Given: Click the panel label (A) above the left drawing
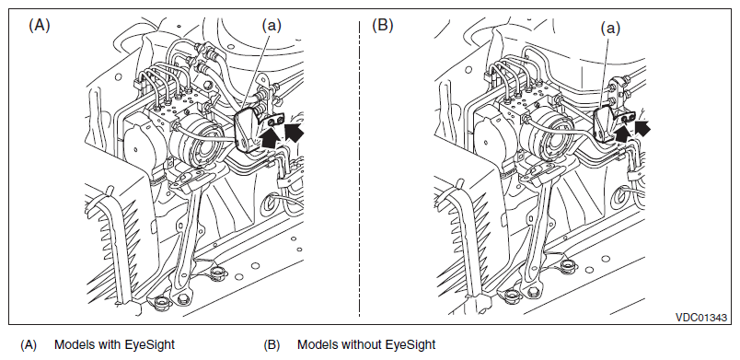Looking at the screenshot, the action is pos(40,25).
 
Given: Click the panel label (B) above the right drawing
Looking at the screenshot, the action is pos(382,25).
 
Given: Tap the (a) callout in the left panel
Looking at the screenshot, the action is pos(272,26).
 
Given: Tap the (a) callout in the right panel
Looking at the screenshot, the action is pos(610,29).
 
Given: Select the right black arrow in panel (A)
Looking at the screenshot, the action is pos(294,132).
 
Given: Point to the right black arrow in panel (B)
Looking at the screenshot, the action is pos(642,127).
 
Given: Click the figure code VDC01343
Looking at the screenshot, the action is pos(700,318).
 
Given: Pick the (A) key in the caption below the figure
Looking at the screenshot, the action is pos(29,345).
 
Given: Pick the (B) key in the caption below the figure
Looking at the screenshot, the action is pos(272,345).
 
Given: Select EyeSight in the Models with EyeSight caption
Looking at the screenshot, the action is pos(149,345).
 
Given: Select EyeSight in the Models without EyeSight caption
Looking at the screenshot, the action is pos(410,345).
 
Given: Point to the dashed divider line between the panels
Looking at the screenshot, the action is pos(360,168).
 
